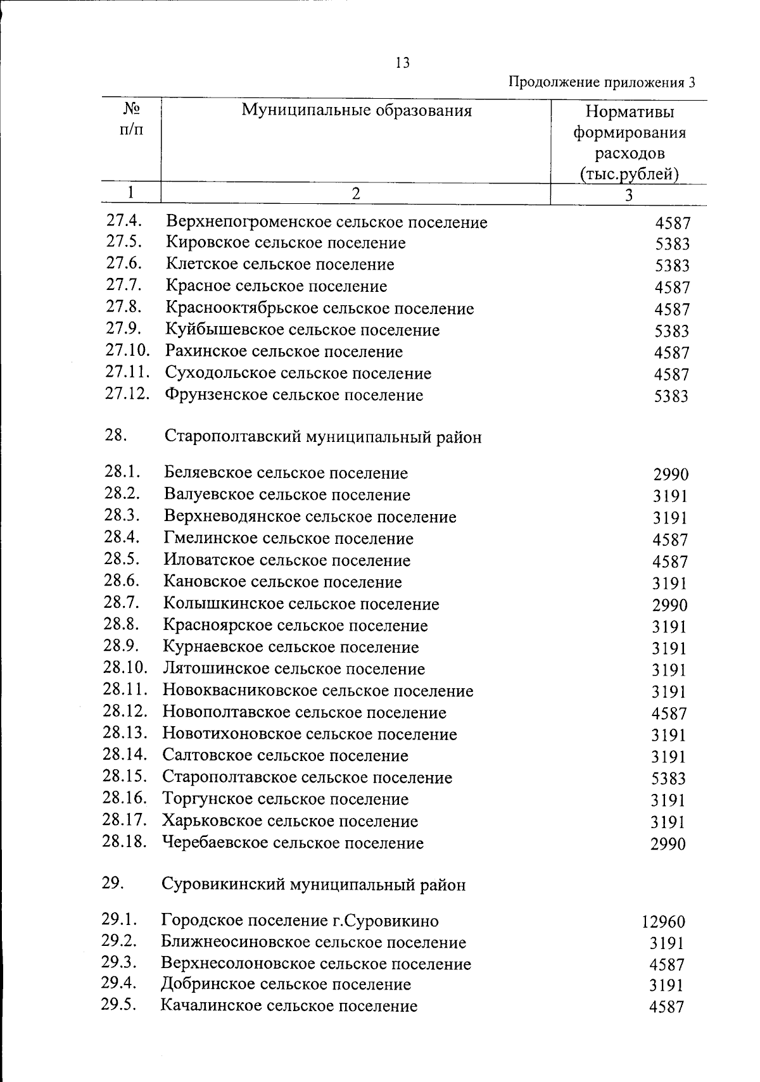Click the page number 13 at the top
(x=402, y=63)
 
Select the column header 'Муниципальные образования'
(x=356, y=111)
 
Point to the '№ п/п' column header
(x=131, y=119)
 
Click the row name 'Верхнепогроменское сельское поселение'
(x=326, y=222)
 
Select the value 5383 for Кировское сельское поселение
(x=672, y=244)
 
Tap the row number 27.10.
(x=127, y=350)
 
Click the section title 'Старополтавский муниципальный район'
(x=322, y=437)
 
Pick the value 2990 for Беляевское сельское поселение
(x=670, y=474)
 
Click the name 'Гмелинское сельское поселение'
(x=288, y=539)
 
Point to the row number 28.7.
(x=122, y=602)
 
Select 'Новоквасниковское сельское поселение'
(x=317, y=691)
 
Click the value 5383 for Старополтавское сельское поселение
(x=668, y=779)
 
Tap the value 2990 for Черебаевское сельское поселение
(x=668, y=844)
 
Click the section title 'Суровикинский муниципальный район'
(x=313, y=884)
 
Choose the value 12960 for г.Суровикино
(x=663, y=922)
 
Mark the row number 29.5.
(x=119, y=1005)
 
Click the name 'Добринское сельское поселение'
(x=286, y=984)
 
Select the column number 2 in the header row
(x=356, y=194)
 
